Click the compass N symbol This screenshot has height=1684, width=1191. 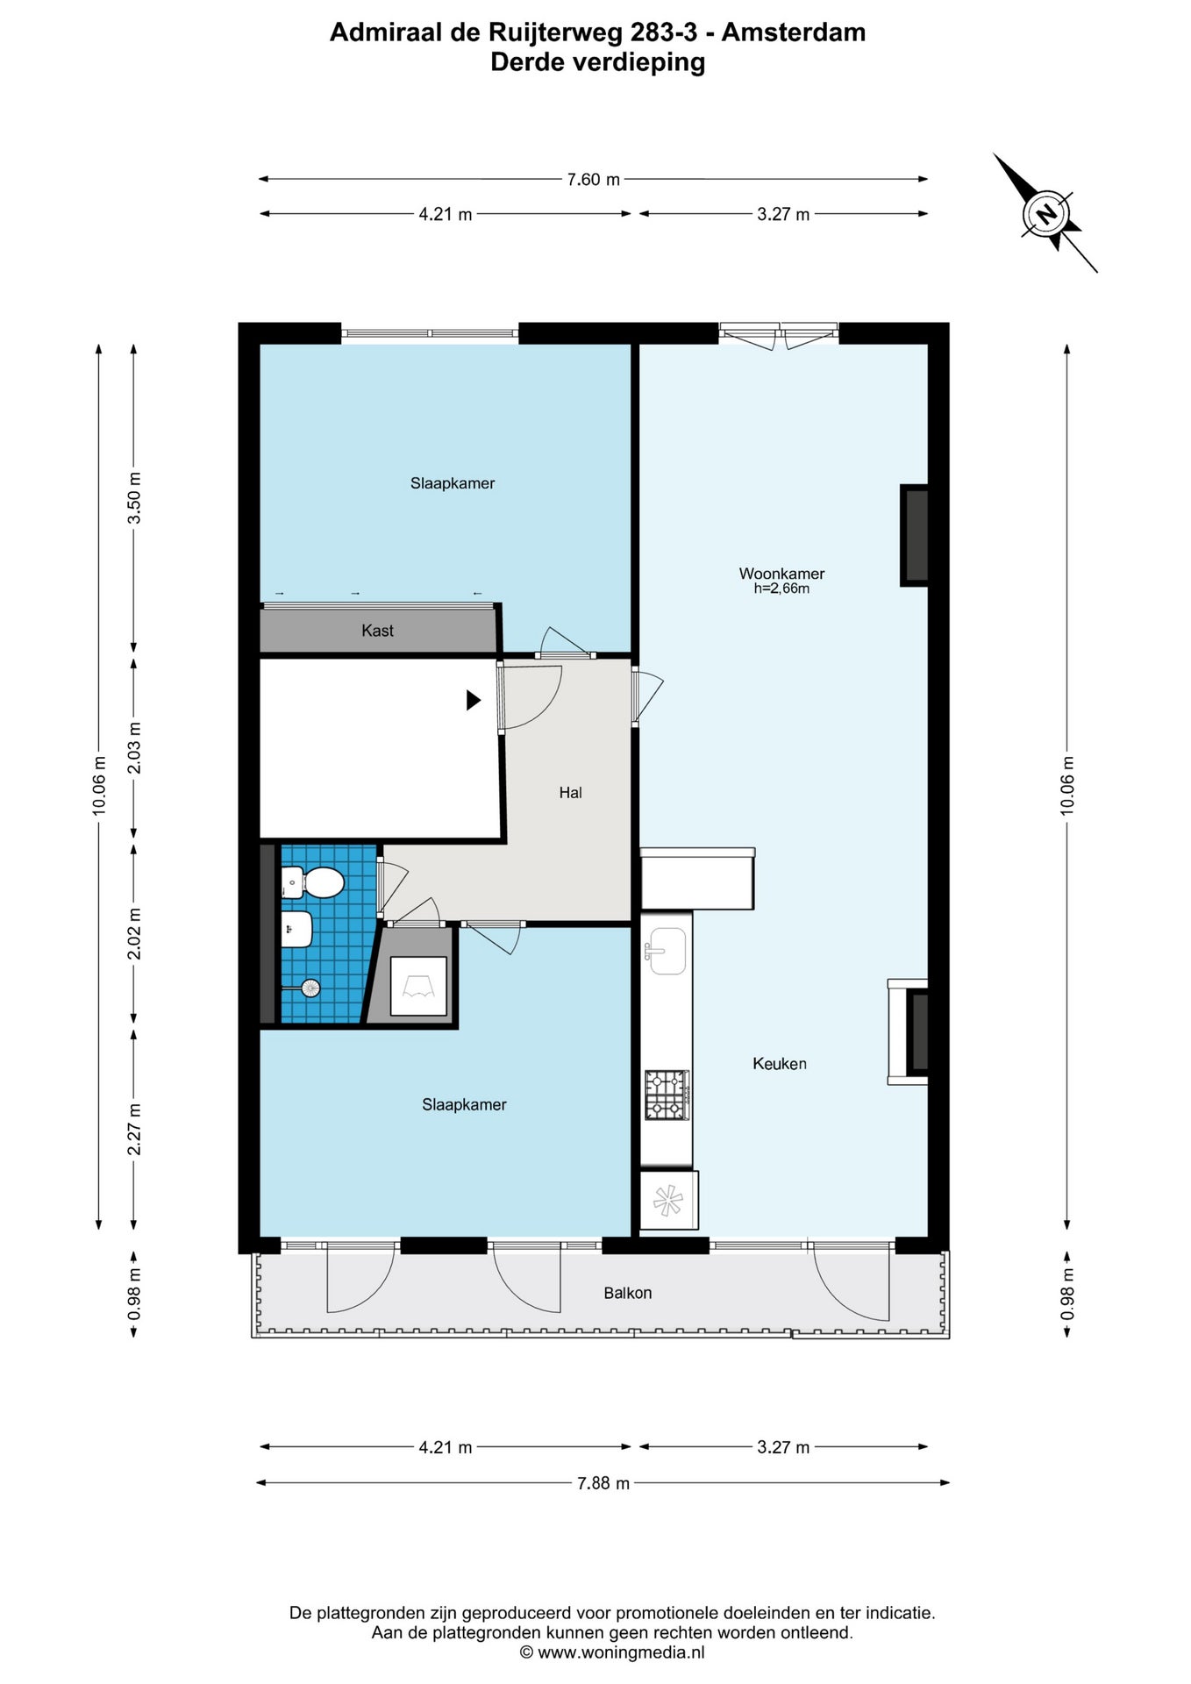(x=1045, y=214)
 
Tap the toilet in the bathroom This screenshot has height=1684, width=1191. (x=314, y=882)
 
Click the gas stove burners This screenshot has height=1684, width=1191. (x=667, y=1095)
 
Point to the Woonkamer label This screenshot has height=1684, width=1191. (x=781, y=574)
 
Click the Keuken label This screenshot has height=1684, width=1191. (x=780, y=1064)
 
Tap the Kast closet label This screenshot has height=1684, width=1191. (x=378, y=631)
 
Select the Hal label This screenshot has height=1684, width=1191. (x=571, y=793)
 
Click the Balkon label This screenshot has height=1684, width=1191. (x=628, y=1293)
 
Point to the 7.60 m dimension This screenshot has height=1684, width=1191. (x=594, y=180)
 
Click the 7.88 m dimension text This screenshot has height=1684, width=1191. (x=603, y=1483)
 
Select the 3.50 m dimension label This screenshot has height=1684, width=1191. (x=134, y=497)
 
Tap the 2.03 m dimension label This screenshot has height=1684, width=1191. (x=134, y=748)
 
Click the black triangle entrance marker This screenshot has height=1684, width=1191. (x=474, y=700)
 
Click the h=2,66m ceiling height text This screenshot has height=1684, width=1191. (x=781, y=589)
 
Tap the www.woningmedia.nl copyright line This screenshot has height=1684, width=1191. (x=612, y=1652)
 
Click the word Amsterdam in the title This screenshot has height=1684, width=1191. (x=794, y=32)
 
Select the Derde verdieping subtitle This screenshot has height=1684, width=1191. (x=598, y=62)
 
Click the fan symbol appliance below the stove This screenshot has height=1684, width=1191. (x=668, y=1200)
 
